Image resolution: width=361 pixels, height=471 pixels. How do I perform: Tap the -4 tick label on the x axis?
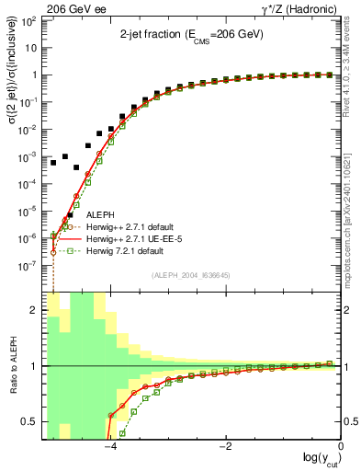click(x=109, y=446)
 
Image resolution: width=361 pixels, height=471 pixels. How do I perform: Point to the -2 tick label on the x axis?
click(x=225, y=446)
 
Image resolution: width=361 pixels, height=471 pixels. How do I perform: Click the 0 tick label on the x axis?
click(x=341, y=446)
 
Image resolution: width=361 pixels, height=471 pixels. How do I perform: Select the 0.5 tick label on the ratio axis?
click(x=29, y=421)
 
